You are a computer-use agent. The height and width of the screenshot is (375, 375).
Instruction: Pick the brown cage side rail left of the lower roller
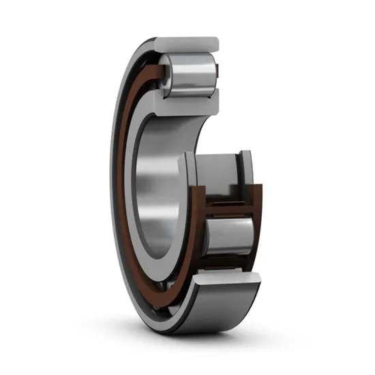click(x=198, y=225)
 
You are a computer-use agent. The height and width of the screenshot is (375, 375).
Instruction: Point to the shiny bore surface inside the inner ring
click(x=157, y=184)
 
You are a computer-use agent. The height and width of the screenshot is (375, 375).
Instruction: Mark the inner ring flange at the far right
click(x=247, y=167)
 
